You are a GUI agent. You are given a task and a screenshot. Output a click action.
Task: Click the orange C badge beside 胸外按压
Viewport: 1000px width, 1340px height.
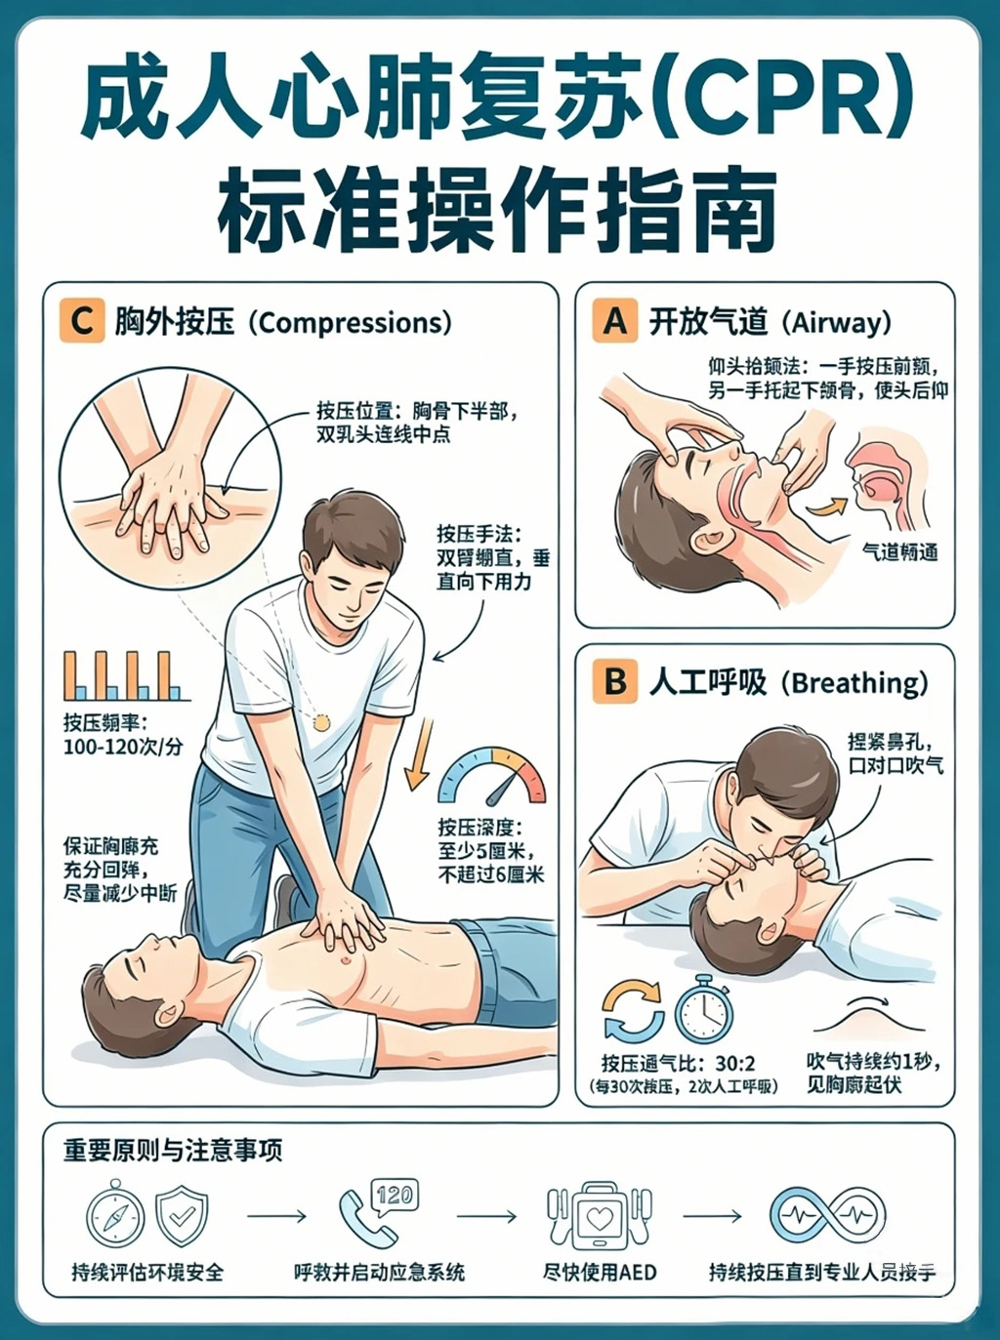(x=81, y=321)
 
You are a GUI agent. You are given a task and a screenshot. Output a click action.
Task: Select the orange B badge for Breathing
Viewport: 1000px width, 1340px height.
(x=614, y=681)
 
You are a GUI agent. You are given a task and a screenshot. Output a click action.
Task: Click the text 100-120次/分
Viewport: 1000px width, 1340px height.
(x=123, y=747)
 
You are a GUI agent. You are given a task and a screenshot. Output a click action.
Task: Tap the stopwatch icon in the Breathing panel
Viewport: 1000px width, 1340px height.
(x=704, y=1010)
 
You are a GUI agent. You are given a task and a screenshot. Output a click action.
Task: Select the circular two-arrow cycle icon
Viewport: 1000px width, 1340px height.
(x=633, y=1010)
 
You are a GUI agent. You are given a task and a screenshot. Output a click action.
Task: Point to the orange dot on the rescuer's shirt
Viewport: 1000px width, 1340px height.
(x=320, y=723)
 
